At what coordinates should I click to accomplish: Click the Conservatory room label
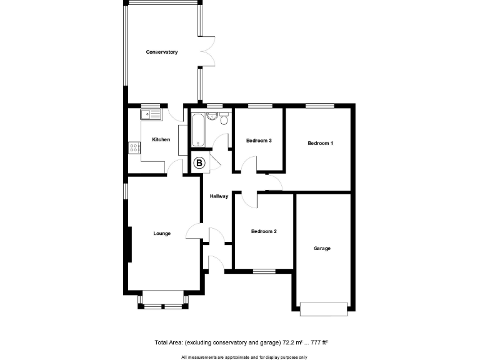tap(162, 52)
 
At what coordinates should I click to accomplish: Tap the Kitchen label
tap(161, 139)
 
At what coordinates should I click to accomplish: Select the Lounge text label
tap(162, 234)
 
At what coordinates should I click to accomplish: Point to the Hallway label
tap(219, 196)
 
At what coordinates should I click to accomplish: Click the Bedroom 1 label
tap(320, 144)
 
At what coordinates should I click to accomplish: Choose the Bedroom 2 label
tap(264, 231)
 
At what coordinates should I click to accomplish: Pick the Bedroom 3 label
tap(259, 141)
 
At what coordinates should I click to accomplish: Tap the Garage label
tap(322, 248)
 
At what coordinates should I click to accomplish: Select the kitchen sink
tap(151, 114)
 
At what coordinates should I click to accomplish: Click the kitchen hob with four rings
tap(134, 148)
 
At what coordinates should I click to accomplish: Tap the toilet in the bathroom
tap(224, 119)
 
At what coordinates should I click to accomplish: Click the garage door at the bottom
tap(323, 308)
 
